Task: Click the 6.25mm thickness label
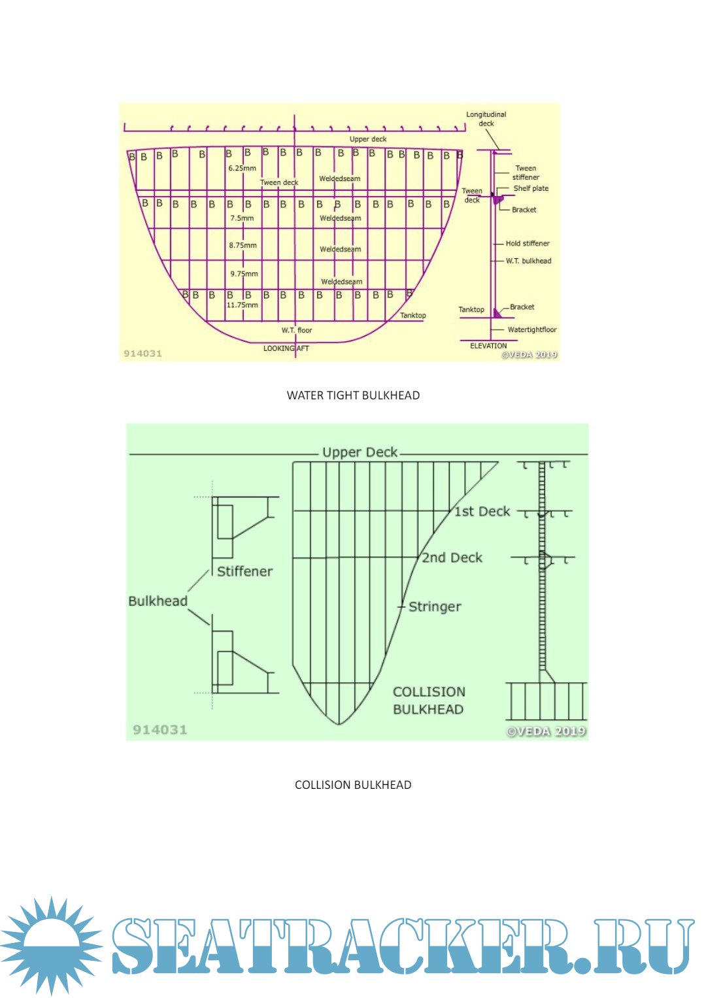(x=242, y=168)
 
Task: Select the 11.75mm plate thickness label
(x=242, y=305)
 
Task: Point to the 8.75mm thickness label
(x=243, y=246)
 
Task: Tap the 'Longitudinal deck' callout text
(x=486, y=119)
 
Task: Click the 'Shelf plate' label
(x=531, y=189)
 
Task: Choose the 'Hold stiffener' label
(x=528, y=244)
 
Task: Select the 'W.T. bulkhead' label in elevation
(x=528, y=261)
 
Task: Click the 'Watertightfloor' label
(x=532, y=330)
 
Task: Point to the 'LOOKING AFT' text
(x=286, y=348)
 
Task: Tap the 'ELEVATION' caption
(x=488, y=346)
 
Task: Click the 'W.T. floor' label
(x=297, y=331)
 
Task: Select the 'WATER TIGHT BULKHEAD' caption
(x=353, y=395)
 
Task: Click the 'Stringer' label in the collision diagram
(x=435, y=607)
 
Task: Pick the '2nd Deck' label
(x=452, y=557)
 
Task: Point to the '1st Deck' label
(x=482, y=511)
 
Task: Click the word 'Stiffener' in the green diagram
(x=244, y=571)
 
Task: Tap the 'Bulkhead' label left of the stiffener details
(x=158, y=601)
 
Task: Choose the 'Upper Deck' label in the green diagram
(x=360, y=452)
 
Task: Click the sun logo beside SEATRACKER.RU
(x=51, y=945)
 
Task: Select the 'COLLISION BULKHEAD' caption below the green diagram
(x=353, y=785)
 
